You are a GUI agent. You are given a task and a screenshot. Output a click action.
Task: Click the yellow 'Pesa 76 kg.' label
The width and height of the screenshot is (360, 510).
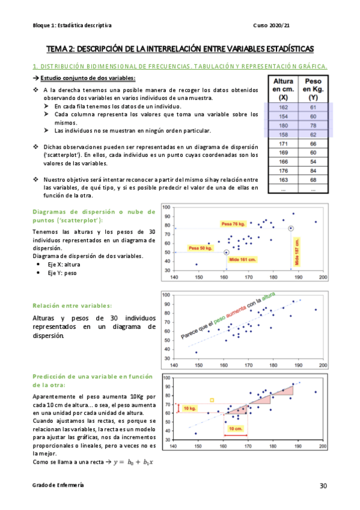[x=234, y=224]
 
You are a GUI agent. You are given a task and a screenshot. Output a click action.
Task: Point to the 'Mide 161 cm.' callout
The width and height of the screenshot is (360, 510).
[x=242, y=259]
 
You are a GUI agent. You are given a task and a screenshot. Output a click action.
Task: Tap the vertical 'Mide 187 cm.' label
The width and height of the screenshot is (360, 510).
[x=296, y=251]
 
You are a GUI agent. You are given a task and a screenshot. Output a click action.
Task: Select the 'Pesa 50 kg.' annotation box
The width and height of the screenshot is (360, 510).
[x=200, y=248]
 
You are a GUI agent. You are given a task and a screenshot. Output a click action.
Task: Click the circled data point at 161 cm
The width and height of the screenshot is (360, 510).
[x=226, y=253]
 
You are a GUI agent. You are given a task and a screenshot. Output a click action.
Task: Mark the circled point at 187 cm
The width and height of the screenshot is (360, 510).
[x=291, y=229]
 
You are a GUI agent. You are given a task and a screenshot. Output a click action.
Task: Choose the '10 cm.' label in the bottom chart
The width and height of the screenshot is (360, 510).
[x=236, y=429]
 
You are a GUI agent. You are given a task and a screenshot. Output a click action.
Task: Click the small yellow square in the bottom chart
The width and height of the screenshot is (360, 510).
[x=212, y=400]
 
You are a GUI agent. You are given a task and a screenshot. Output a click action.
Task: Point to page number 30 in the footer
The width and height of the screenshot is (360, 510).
[x=323, y=485]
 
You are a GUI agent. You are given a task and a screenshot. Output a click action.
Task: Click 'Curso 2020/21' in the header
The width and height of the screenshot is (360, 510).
[x=272, y=25]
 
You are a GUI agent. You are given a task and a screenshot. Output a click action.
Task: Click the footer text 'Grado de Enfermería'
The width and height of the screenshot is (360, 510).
[x=58, y=485]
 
